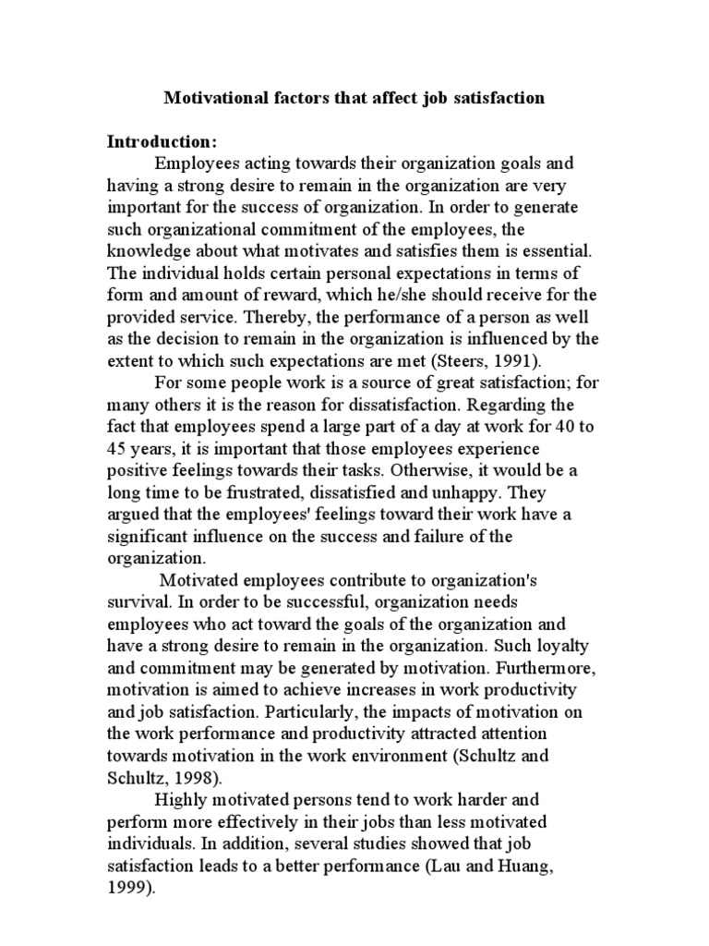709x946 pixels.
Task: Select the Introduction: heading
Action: click(162, 142)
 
